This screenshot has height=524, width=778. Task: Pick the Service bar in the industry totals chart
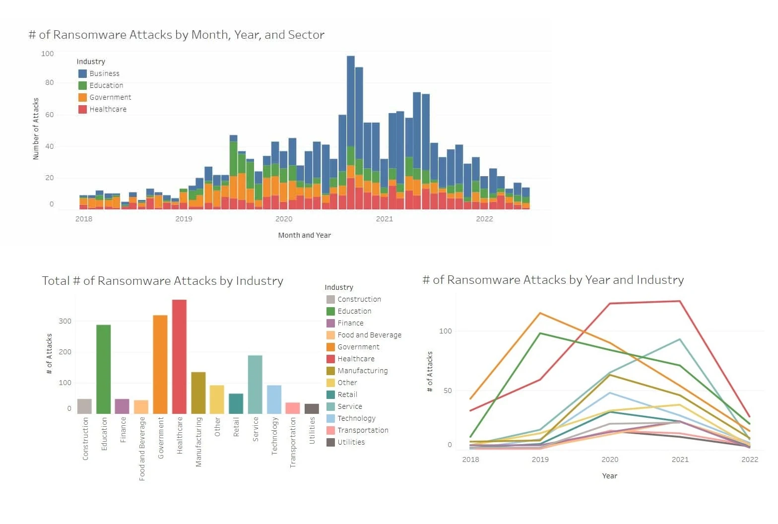255,384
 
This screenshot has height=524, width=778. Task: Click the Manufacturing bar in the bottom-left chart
198,393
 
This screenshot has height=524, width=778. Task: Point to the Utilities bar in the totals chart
312,408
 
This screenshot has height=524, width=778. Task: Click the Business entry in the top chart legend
104,73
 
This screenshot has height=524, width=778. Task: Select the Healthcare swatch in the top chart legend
83,109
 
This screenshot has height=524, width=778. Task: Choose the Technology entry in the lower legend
356,418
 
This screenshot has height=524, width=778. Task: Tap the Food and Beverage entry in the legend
369,335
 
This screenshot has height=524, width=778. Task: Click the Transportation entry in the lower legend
363,430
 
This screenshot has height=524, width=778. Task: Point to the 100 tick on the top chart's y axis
48,54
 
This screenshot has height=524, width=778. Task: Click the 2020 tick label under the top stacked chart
284,219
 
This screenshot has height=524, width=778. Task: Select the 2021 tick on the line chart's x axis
680,459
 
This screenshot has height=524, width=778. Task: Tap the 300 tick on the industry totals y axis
65,321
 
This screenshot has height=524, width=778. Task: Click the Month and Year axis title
304,235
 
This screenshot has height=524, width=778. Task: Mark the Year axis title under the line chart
609,476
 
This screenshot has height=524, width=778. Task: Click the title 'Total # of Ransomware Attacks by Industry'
162,281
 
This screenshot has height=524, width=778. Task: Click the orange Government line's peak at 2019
540,313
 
